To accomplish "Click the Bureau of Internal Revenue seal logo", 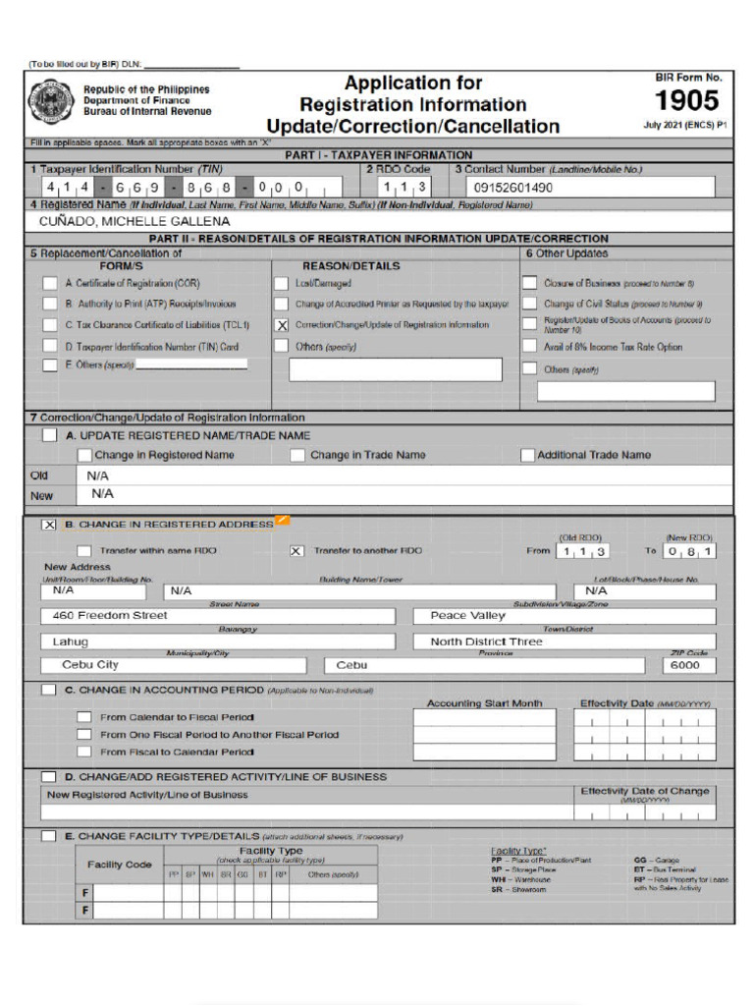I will (x=46, y=101).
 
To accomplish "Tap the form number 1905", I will (x=687, y=100).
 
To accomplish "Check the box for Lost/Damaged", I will (x=282, y=283).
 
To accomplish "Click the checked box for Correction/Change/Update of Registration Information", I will (x=282, y=325).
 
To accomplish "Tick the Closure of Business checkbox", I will (x=529, y=283).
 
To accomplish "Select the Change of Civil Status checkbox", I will (x=529, y=305).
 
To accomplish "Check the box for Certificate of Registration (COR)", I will (x=50, y=283).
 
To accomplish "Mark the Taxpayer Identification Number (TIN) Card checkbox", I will (x=50, y=347).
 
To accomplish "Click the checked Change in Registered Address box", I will (x=49, y=525).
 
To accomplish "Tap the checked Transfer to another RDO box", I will (x=296, y=551).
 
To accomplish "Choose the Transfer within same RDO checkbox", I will (x=84, y=551).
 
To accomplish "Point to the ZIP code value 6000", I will (x=686, y=665).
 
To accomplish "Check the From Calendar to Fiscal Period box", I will (x=84, y=717).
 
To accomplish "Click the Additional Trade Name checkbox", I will (x=527, y=456).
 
